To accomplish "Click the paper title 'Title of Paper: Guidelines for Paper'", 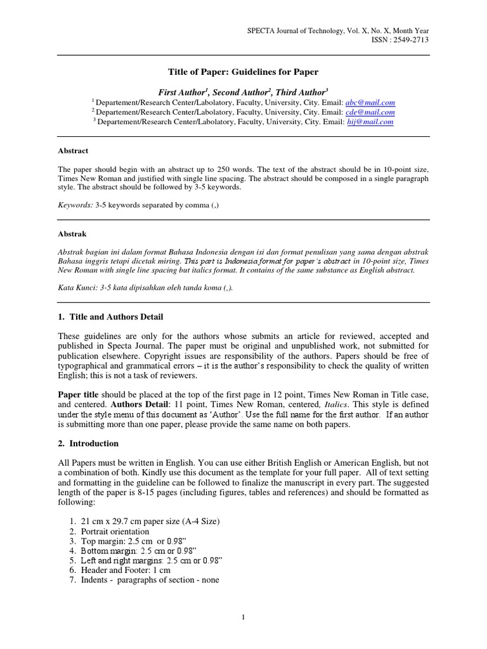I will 243,72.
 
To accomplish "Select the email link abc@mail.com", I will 370,102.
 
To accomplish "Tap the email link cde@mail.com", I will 370,112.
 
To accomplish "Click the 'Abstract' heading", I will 73,151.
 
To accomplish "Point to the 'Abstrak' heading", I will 72,234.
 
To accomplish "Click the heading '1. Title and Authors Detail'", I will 114,316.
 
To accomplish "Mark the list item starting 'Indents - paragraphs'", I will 150,579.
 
